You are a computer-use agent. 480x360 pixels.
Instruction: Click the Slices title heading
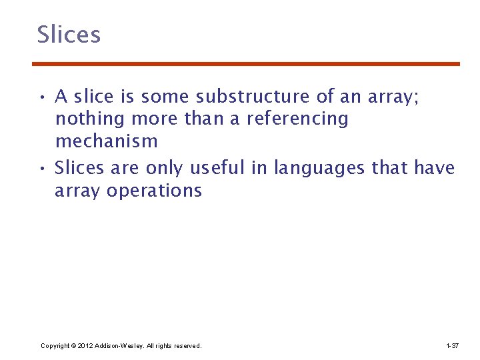coord(69,35)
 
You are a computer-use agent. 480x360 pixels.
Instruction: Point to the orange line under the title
coord(246,64)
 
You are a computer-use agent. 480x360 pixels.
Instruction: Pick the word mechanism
coord(107,142)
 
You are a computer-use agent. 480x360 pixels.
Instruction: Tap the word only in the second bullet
coord(167,168)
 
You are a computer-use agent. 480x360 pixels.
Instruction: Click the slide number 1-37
coord(452,346)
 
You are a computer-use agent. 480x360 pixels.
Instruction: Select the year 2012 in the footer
coord(85,346)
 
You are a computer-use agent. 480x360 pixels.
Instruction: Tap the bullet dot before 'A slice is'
coord(41,98)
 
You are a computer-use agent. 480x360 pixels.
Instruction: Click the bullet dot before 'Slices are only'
coord(41,169)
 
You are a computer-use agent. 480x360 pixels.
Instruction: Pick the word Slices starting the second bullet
coord(79,168)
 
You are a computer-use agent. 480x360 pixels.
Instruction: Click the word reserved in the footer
coord(187,346)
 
